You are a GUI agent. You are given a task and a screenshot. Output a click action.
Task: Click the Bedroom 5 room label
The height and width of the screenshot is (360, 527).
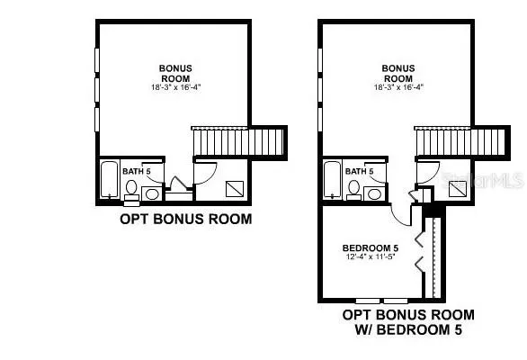click(371, 248)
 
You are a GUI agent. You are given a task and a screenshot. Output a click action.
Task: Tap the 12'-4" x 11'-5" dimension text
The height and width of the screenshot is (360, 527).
click(370, 256)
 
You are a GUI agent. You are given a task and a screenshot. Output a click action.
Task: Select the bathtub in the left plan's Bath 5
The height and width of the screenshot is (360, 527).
click(110, 179)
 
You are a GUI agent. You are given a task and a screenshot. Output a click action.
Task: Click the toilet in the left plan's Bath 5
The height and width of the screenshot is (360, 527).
click(131, 191)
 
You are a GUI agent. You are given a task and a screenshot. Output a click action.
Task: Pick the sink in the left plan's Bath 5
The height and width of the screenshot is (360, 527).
click(152, 194)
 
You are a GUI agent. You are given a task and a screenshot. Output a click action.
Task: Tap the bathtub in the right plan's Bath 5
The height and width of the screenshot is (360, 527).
click(332, 179)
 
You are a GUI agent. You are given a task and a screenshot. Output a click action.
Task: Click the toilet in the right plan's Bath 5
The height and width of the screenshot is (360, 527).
click(354, 191)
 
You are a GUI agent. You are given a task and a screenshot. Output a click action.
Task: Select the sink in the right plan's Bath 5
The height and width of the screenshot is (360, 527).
click(374, 194)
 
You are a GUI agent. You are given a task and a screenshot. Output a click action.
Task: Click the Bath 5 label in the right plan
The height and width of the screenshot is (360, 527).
click(360, 171)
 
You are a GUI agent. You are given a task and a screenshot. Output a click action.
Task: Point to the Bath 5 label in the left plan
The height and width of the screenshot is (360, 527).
click(137, 171)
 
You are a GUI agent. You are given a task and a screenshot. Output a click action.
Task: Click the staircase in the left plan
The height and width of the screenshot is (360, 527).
click(238, 141)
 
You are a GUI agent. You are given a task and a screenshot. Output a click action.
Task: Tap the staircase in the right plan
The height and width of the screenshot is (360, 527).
click(461, 141)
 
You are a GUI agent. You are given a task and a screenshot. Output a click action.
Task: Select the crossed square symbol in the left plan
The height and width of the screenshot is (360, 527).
click(235, 189)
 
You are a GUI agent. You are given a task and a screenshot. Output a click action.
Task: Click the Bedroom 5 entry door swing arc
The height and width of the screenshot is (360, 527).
click(397, 219)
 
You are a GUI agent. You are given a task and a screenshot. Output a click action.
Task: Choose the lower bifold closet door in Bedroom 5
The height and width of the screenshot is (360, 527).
click(419, 265)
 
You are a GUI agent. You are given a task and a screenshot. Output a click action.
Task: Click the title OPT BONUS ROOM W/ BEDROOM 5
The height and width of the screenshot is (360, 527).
click(408, 322)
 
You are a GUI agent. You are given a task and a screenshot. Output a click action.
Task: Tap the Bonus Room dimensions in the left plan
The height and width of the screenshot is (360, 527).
click(175, 87)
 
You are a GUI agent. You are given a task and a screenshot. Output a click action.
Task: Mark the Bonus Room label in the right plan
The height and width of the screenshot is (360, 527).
click(398, 73)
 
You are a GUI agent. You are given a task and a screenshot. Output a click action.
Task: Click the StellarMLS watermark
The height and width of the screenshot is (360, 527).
click(483, 181)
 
